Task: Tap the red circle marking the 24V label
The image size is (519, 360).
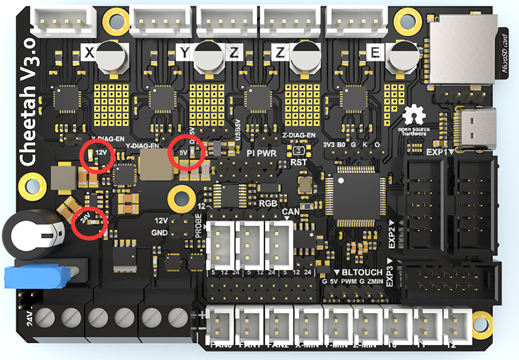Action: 89,223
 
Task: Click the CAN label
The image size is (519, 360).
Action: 290,213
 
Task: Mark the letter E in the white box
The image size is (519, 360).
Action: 375,54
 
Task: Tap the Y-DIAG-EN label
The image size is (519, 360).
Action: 142,147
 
